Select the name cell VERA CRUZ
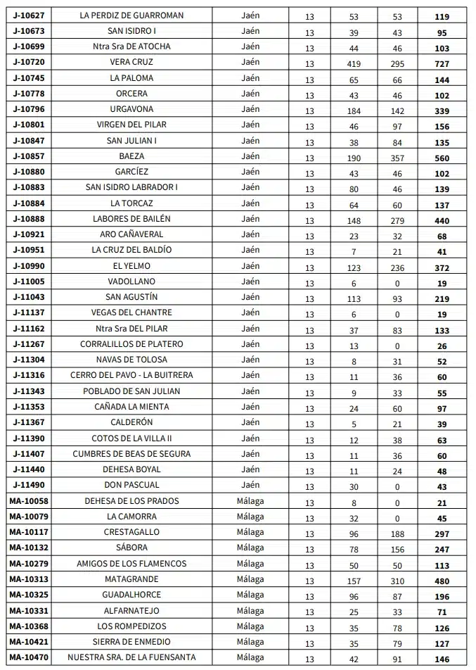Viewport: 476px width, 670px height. click(131, 62)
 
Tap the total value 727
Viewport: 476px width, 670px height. click(442, 63)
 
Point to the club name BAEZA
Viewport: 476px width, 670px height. click(131, 156)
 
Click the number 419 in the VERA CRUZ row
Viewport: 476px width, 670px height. click(354, 63)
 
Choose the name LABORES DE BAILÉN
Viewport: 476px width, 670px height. click(131, 219)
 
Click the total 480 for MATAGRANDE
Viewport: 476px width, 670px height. click(442, 581)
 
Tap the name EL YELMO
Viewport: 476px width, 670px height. click(131, 266)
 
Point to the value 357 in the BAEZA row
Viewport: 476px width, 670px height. click(397, 158)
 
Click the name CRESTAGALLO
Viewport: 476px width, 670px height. click(131, 532)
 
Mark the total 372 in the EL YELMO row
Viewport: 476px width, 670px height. click(442, 267)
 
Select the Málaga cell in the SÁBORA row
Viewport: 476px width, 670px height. click(250, 548)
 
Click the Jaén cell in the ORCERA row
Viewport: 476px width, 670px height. click(250, 94)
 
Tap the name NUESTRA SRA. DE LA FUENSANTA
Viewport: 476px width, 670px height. click(131, 657)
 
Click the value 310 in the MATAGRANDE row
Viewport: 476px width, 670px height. click(397, 581)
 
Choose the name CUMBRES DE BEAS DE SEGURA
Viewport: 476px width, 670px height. click(131, 454)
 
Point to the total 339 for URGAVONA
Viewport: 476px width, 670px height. click(442, 110)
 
